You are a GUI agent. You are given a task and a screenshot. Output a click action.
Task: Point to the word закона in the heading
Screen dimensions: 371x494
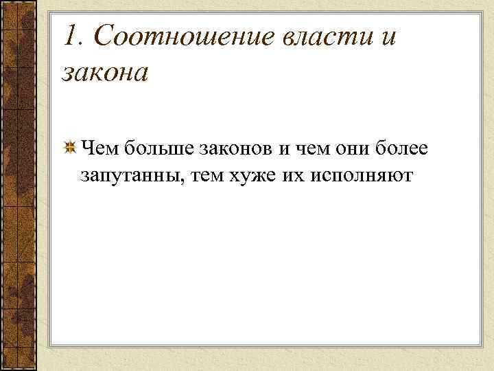pos(105,71)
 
